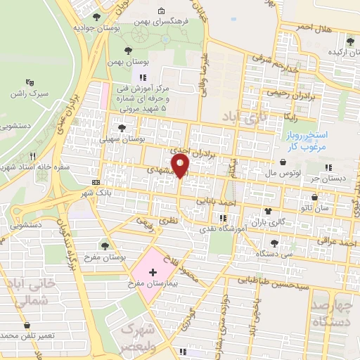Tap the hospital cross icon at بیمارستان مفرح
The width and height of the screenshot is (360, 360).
point(153,271)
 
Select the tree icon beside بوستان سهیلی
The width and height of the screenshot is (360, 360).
point(122,128)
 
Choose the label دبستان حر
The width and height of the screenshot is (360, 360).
point(330,178)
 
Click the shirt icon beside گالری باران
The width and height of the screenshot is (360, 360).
point(267,210)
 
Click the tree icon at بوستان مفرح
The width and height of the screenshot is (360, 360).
point(105,245)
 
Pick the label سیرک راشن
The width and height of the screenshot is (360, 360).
point(30,94)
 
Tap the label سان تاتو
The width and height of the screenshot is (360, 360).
point(331,209)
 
